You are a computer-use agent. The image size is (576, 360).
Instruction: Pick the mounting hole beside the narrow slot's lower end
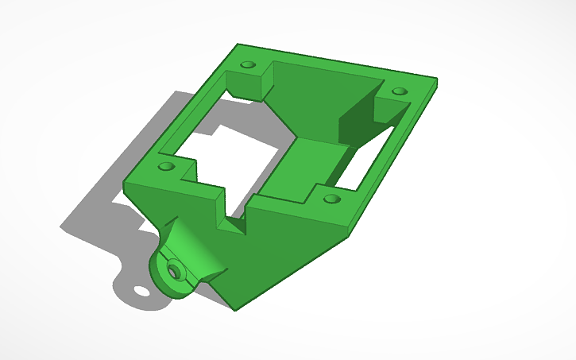tap(332, 197)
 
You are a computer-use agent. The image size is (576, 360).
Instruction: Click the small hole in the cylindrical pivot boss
tap(175, 271)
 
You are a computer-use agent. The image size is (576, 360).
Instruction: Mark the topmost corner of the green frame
tap(237, 45)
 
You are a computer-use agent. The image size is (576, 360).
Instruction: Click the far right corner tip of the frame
tap(436, 79)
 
